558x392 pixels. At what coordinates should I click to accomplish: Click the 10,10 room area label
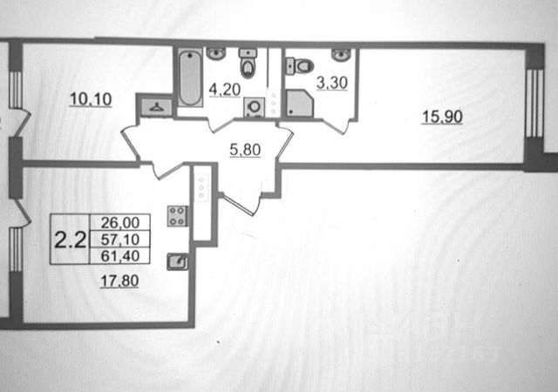[x=92, y=98]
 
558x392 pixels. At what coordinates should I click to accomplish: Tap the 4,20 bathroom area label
[x=224, y=87]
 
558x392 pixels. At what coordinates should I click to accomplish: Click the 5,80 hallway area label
[x=245, y=151]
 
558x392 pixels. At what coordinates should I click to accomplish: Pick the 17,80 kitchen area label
[x=120, y=281]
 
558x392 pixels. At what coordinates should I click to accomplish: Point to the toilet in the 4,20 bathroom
[x=249, y=64]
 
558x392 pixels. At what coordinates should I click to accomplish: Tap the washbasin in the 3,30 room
[x=341, y=55]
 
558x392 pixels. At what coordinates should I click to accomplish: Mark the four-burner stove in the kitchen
[x=177, y=215]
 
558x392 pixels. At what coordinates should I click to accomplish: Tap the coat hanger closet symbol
[x=155, y=107]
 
